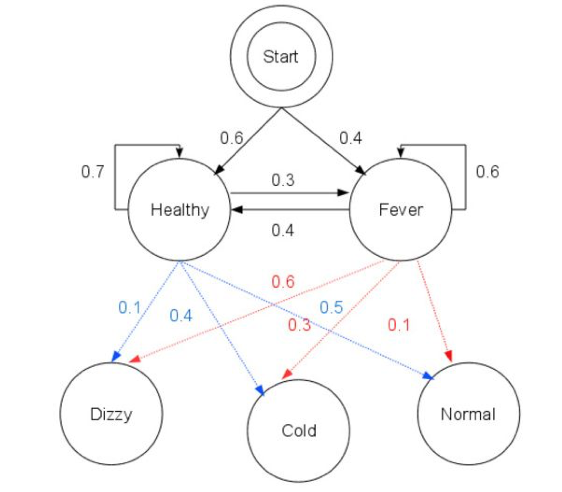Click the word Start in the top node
point(280,56)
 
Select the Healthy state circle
point(179,210)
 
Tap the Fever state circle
point(400,210)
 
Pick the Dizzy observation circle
point(111,414)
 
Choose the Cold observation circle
point(298,431)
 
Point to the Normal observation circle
point(468,414)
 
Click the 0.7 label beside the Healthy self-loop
point(93,172)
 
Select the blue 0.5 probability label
point(331,307)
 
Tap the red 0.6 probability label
point(283,282)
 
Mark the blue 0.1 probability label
point(130,307)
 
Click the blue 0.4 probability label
point(181,316)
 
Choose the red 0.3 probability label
point(299,325)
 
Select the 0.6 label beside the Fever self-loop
point(487,172)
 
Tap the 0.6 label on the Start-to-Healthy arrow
point(232,138)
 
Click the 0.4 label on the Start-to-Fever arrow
point(351,138)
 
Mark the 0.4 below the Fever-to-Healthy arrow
point(283,230)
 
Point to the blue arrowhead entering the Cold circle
point(261,390)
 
